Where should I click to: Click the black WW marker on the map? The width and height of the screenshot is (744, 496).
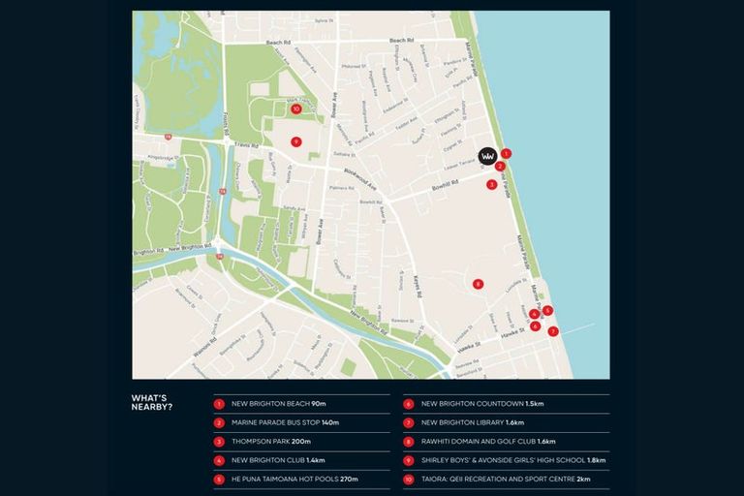pyautogui.click(x=488, y=156)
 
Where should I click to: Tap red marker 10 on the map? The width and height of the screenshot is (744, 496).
pyautogui.click(x=282, y=109)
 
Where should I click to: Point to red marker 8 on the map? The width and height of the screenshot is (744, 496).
pyautogui.click(x=478, y=284)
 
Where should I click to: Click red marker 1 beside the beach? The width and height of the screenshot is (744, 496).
pyautogui.click(x=506, y=153)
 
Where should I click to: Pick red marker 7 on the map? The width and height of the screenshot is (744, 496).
pyautogui.click(x=553, y=331)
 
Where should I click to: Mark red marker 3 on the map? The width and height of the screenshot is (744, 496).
pyautogui.click(x=491, y=184)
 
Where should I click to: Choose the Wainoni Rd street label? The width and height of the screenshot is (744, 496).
pyautogui.click(x=204, y=340)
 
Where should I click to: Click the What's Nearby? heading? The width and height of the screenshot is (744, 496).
pyautogui.click(x=152, y=402)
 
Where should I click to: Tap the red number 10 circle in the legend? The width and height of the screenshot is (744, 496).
pyautogui.click(x=409, y=479)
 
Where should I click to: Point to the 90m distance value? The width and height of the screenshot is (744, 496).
pyautogui.click(x=319, y=403)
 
